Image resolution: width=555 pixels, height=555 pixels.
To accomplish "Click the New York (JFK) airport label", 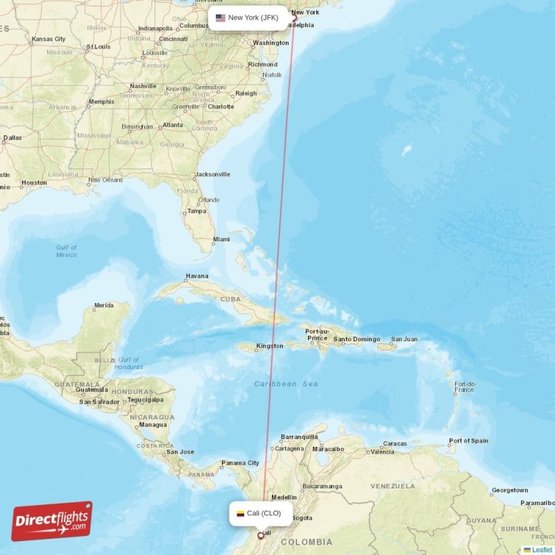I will (254, 18).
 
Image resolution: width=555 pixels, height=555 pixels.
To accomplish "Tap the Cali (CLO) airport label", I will (264, 513).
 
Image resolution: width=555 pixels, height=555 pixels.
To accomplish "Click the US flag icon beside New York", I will (221, 18).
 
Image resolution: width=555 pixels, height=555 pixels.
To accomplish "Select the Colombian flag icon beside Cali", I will (241, 514).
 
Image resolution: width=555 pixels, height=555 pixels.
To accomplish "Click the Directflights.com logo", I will (52, 521).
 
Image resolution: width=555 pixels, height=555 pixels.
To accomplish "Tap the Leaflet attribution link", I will (542, 549).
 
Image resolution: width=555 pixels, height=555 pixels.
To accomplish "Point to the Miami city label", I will (221, 239).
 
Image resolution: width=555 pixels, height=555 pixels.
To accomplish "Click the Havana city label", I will (196, 276).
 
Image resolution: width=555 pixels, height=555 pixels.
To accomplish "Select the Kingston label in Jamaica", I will (269, 345).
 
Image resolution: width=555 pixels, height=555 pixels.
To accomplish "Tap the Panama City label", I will (240, 463).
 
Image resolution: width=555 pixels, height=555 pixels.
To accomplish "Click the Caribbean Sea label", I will (286, 384).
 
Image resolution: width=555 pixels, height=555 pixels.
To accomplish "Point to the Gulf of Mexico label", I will (67, 251).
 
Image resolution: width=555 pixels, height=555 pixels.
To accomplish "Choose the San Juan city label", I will (404, 339).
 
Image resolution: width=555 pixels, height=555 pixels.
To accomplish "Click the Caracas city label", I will (395, 443).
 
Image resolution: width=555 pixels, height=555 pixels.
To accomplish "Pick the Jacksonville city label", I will (212, 174).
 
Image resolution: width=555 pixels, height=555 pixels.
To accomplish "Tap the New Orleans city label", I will (105, 180).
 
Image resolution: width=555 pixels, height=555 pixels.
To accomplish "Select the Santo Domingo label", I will (357, 339).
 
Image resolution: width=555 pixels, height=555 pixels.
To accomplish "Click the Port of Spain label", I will (468, 441).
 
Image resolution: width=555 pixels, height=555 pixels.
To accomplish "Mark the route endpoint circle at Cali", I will (261, 535).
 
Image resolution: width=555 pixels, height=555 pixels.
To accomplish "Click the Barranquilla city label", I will (299, 437).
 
